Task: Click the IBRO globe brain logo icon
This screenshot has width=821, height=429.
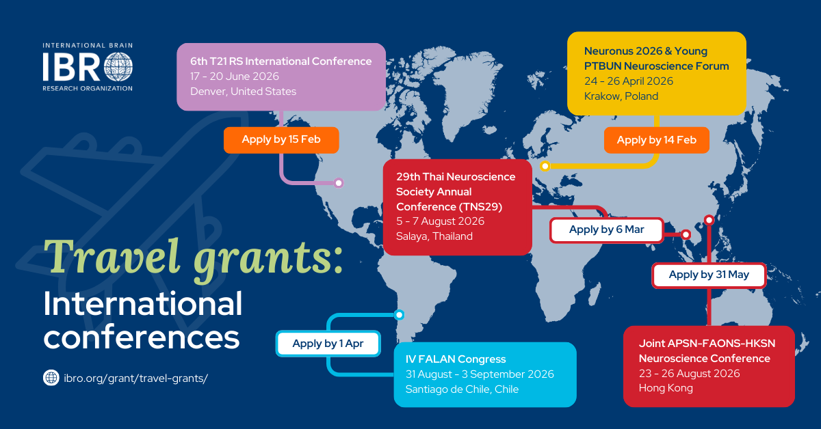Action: [118, 67]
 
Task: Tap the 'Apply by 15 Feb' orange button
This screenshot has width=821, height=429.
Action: [281, 140]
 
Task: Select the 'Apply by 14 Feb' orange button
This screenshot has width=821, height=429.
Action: [656, 140]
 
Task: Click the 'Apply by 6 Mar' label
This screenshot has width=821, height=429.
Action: [607, 230]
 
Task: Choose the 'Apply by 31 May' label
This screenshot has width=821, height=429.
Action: [709, 275]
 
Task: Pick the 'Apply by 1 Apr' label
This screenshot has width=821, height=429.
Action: [328, 344]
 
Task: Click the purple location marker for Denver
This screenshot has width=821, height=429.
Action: [339, 182]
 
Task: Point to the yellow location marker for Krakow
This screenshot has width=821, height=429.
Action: [545, 166]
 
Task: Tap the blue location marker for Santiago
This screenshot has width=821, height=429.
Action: [399, 314]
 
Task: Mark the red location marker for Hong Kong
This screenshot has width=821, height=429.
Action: [709, 220]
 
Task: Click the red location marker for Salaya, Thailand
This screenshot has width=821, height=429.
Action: [686, 234]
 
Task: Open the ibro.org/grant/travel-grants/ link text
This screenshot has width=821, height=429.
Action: [135, 378]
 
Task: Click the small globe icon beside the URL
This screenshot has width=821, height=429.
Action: [51, 377]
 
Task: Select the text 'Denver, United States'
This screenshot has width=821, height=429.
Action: [243, 91]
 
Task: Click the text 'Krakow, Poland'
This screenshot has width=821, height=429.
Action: [621, 96]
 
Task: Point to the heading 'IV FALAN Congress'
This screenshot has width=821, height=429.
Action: [456, 359]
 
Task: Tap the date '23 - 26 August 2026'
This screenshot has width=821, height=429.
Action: [689, 374]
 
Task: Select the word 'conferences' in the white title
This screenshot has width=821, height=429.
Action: [142, 337]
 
